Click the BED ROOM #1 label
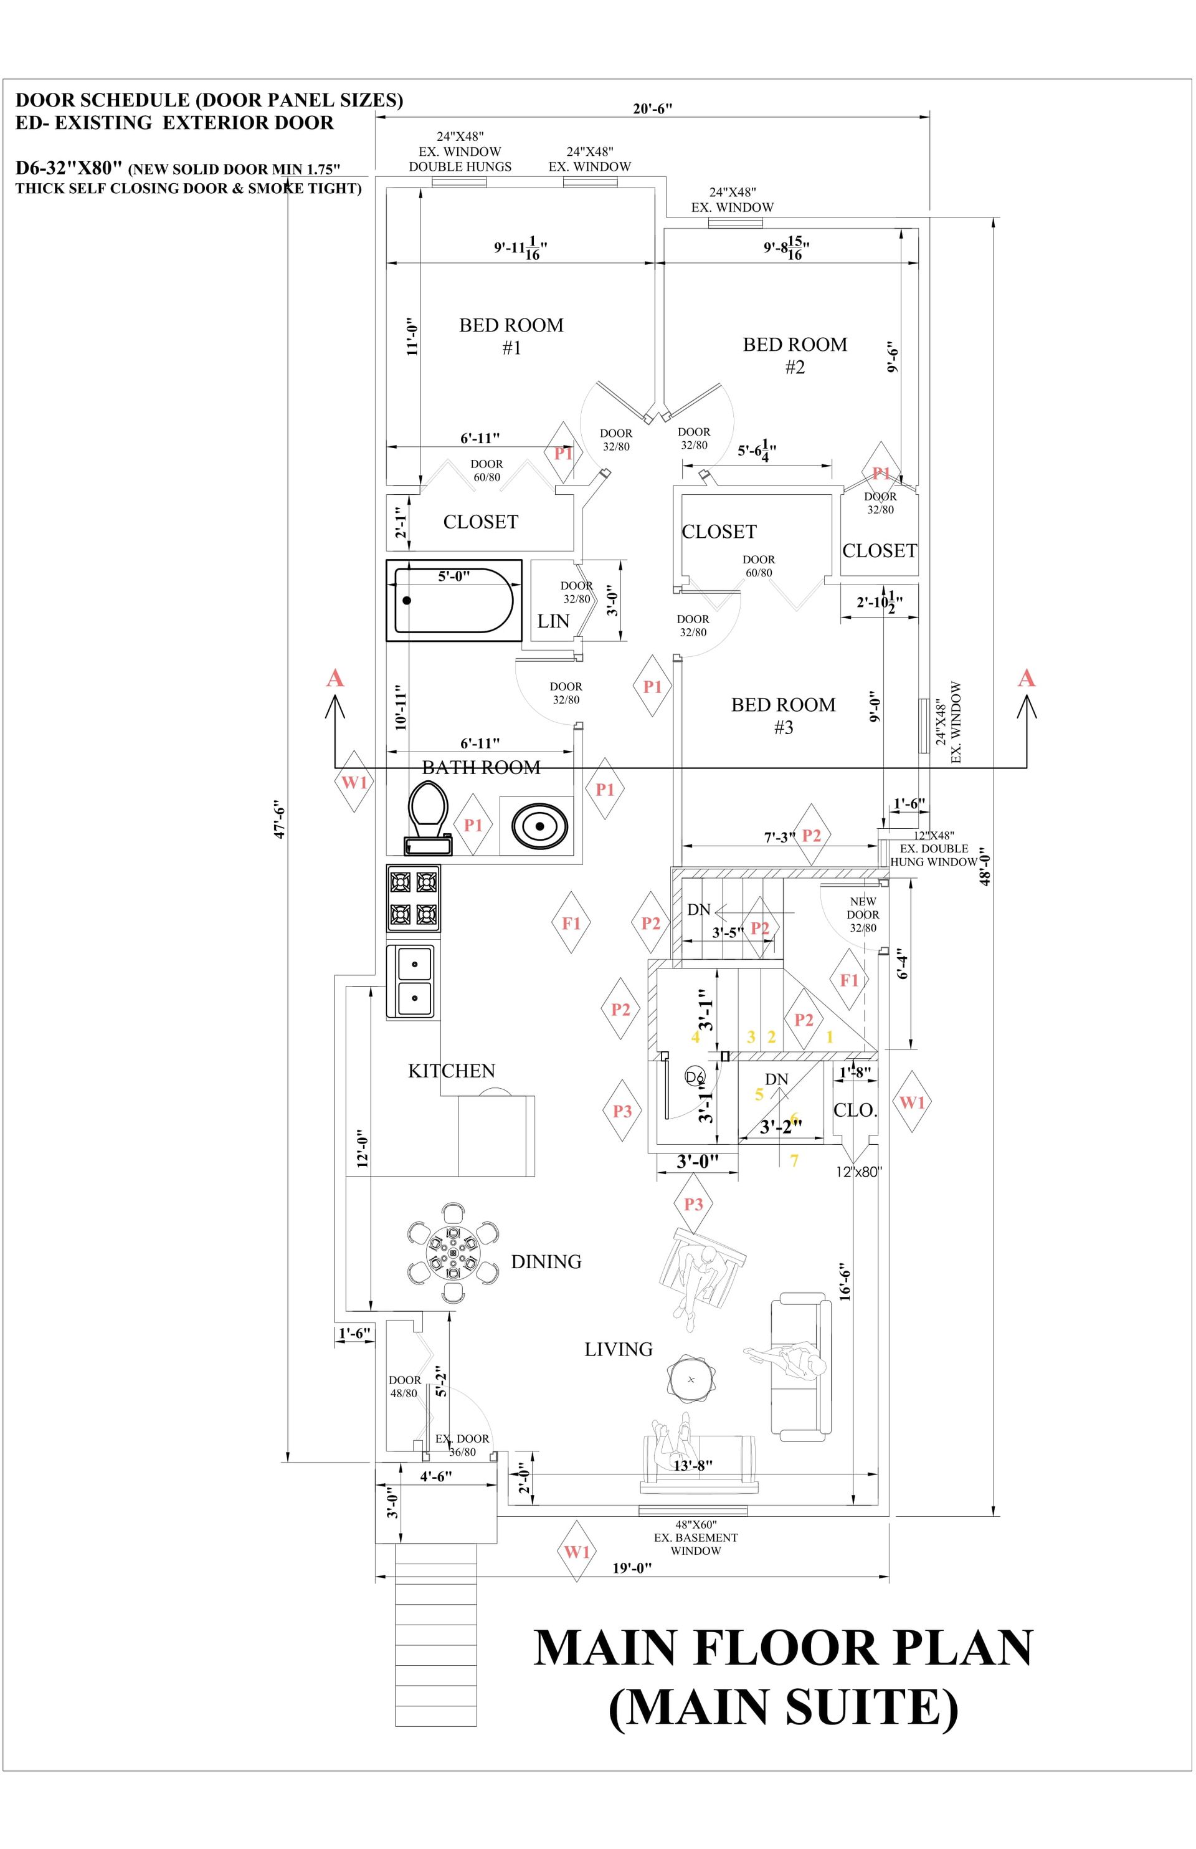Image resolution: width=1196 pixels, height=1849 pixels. [x=511, y=336]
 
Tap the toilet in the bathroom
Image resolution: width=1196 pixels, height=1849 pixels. [x=428, y=816]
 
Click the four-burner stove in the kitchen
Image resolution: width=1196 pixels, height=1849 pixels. [x=413, y=897]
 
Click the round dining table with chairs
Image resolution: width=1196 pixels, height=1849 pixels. [x=453, y=1253]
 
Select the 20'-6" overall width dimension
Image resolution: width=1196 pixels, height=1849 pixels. [x=652, y=108]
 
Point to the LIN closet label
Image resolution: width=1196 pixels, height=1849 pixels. [x=553, y=621]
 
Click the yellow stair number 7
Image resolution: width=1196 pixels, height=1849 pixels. [x=794, y=1160]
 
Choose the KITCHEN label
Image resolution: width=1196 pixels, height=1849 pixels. [x=451, y=1071]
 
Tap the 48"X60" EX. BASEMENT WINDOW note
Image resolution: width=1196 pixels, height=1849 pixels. [x=695, y=1537]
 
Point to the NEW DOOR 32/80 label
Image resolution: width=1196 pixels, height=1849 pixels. [x=862, y=914]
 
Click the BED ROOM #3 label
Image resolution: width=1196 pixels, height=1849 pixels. [x=783, y=715]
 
